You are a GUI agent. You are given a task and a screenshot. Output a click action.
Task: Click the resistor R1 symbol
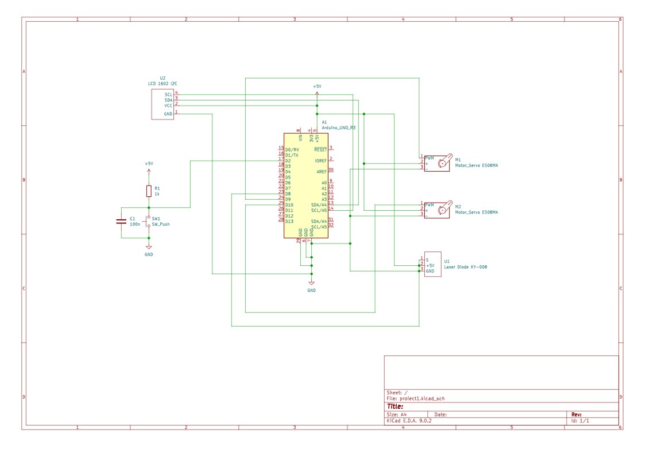pos(149,191)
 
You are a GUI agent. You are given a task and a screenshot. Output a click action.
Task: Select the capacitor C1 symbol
pos(121,221)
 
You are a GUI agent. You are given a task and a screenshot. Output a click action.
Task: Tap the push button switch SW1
pos(149,222)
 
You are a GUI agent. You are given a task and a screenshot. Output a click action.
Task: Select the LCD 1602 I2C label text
pos(162,84)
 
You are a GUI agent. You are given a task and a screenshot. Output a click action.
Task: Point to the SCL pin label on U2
pos(168,94)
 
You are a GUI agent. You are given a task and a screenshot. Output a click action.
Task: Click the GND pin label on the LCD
pos(168,114)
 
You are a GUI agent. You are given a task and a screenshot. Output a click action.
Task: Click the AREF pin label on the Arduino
pos(321,172)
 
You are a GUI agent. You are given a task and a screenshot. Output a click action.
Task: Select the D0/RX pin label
pos(292,149)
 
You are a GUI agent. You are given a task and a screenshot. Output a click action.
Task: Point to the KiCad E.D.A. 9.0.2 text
pos(409,420)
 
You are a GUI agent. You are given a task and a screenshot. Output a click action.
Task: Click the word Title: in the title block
pos(395,407)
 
